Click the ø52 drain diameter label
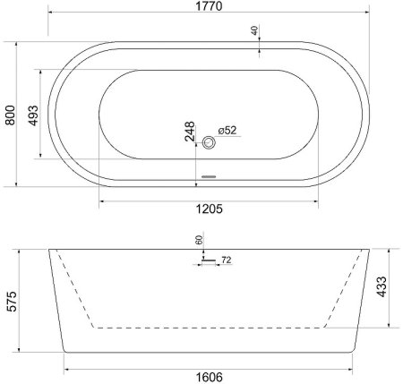tap(227, 131)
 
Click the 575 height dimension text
tap(11, 302)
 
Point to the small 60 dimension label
tap(198, 242)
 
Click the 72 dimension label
tap(226, 260)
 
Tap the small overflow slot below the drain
tap(210, 175)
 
